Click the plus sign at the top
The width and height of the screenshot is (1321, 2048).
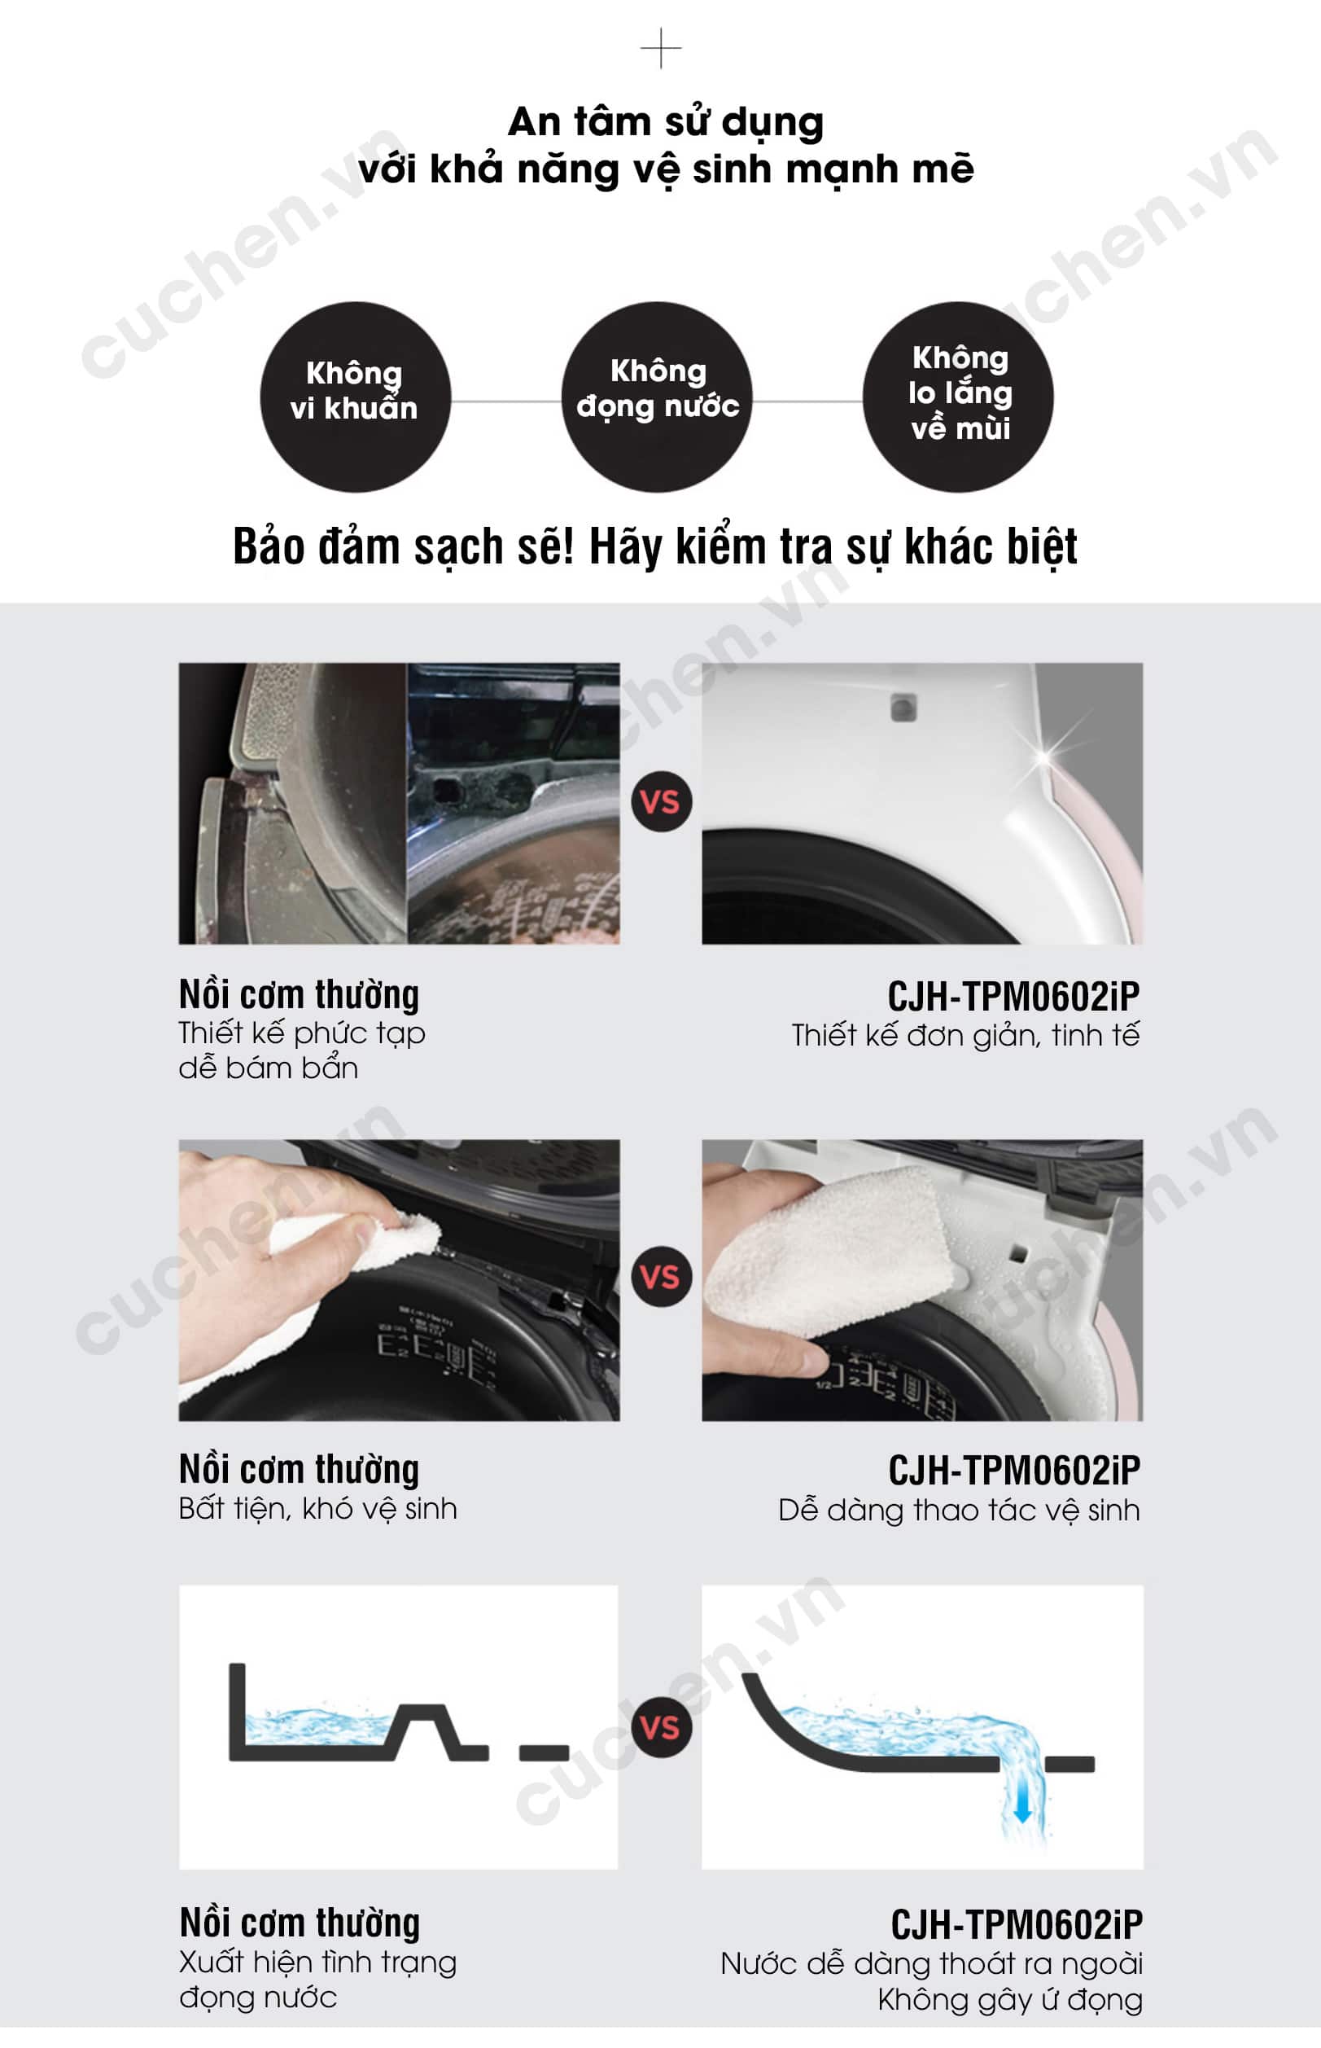tap(661, 49)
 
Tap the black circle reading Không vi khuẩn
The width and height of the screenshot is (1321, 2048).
tap(355, 397)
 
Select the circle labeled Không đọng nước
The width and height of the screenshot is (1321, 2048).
tap(657, 397)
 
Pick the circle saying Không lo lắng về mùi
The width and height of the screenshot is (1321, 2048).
tap(958, 397)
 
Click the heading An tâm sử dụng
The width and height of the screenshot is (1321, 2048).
tap(666, 122)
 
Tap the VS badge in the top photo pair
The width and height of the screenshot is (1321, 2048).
tap(662, 801)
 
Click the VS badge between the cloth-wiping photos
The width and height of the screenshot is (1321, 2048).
tap(662, 1277)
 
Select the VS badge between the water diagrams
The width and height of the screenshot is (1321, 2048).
tap(662, 1727)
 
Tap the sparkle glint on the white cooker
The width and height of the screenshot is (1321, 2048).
tap(1045, 757)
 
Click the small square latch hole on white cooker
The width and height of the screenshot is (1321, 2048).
tap(903, 708)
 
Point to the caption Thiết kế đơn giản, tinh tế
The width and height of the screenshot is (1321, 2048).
tap(965, 1036)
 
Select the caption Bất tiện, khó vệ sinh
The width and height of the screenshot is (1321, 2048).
tap(318, 1508)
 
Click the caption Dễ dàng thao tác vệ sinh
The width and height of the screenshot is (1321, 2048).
tap(959, 1510)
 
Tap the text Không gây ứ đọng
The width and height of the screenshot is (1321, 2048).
tap(1009, 2000)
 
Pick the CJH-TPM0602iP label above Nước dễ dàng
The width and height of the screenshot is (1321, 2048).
tap(1017, 1925)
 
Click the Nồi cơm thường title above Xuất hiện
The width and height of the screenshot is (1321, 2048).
tap(300, 1923)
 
